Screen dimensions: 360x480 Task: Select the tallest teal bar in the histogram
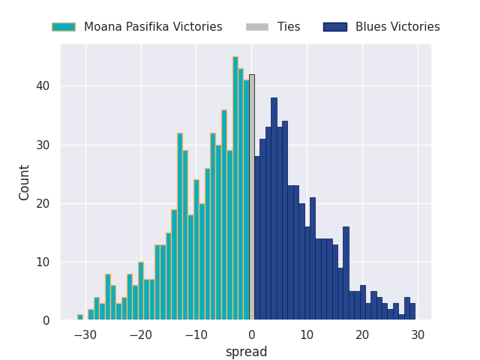click(235, 188)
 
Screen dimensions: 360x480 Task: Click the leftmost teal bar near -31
click(80, 317)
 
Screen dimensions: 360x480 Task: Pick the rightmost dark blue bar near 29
click(412, 311)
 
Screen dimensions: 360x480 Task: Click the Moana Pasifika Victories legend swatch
click(63, 27)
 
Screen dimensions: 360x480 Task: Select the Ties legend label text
click(289, 27)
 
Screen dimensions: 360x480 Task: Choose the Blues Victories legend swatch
click(334, 27)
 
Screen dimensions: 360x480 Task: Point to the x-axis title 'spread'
click(246, 352)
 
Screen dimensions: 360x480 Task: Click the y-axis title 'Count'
click(25, 182)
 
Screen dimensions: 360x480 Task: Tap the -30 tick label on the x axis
click(85, 334)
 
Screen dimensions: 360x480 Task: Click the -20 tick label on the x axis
click(140, 334)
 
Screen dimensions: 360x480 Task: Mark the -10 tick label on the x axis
click(196, 334)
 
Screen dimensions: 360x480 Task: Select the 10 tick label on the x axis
click(307, 334)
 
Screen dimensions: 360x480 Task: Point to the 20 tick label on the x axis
click(362, 334)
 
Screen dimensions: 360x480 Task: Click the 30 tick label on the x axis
click(418, 334)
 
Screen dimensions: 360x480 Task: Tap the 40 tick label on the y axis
click(43, 86)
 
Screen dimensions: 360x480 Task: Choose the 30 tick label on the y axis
click(43, 145)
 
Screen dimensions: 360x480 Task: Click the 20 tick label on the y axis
click(43, 203)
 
